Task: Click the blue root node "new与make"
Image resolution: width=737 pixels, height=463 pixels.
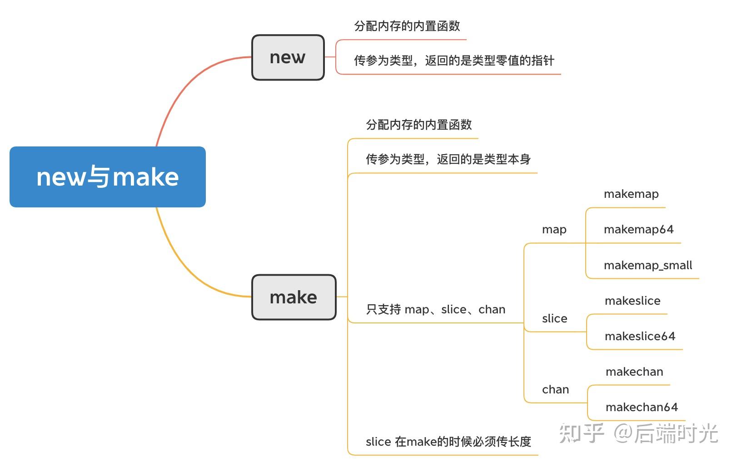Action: click(x=108, y=177)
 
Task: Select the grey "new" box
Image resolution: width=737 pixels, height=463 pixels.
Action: click(x=288, y=58)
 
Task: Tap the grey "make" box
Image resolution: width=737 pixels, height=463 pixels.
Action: click(x=294, y=297)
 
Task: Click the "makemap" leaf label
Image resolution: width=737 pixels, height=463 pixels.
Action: click(x=631, y=194)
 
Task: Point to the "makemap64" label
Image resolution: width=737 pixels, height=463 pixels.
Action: click(x=638, y=230)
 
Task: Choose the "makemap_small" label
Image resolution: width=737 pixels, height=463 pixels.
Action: click(x=648, y=265)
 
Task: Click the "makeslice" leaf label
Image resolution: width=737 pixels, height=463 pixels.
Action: click(x=632, y=301)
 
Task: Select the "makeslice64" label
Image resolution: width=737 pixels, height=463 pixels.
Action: click(x=640, y=336)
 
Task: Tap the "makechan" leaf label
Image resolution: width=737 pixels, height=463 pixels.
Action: click(x=634, y=372)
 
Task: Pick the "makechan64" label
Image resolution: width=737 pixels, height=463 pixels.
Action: click(x=642, y=407)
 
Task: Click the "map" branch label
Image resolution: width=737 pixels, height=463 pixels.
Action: click(x=554, y=230)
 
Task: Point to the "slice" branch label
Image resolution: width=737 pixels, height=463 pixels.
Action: click(x=554, y=318)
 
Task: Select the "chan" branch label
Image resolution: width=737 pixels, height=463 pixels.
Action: click(x=555, y=390)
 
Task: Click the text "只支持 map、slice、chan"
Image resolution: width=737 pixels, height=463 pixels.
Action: click(x=435, y=310)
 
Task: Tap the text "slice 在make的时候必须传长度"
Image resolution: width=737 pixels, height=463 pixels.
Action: click(x=448, y=442)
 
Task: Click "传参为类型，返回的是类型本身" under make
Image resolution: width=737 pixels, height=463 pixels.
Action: click(x=448, y=159)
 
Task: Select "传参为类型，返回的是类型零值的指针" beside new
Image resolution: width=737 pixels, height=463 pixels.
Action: click(x=454, y=60)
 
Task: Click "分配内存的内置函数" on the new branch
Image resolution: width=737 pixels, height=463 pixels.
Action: click(x=407, y=26)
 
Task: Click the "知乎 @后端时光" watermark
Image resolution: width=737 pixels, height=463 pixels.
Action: click(x=638, y=433)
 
